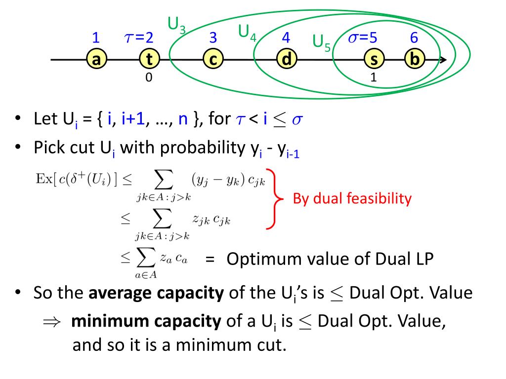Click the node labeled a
pos(96,60)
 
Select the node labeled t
pos(149,60)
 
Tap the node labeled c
pos(213,60)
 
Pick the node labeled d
pos(286,60)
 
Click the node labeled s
pos(374,60)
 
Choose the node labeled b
pos(415,60)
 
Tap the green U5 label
pos(322,42)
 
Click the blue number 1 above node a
pos(96,38)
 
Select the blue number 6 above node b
pos(414,38)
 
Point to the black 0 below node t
pos(148,77)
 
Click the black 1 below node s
pos(374,77)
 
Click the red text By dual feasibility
pos(352,199)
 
